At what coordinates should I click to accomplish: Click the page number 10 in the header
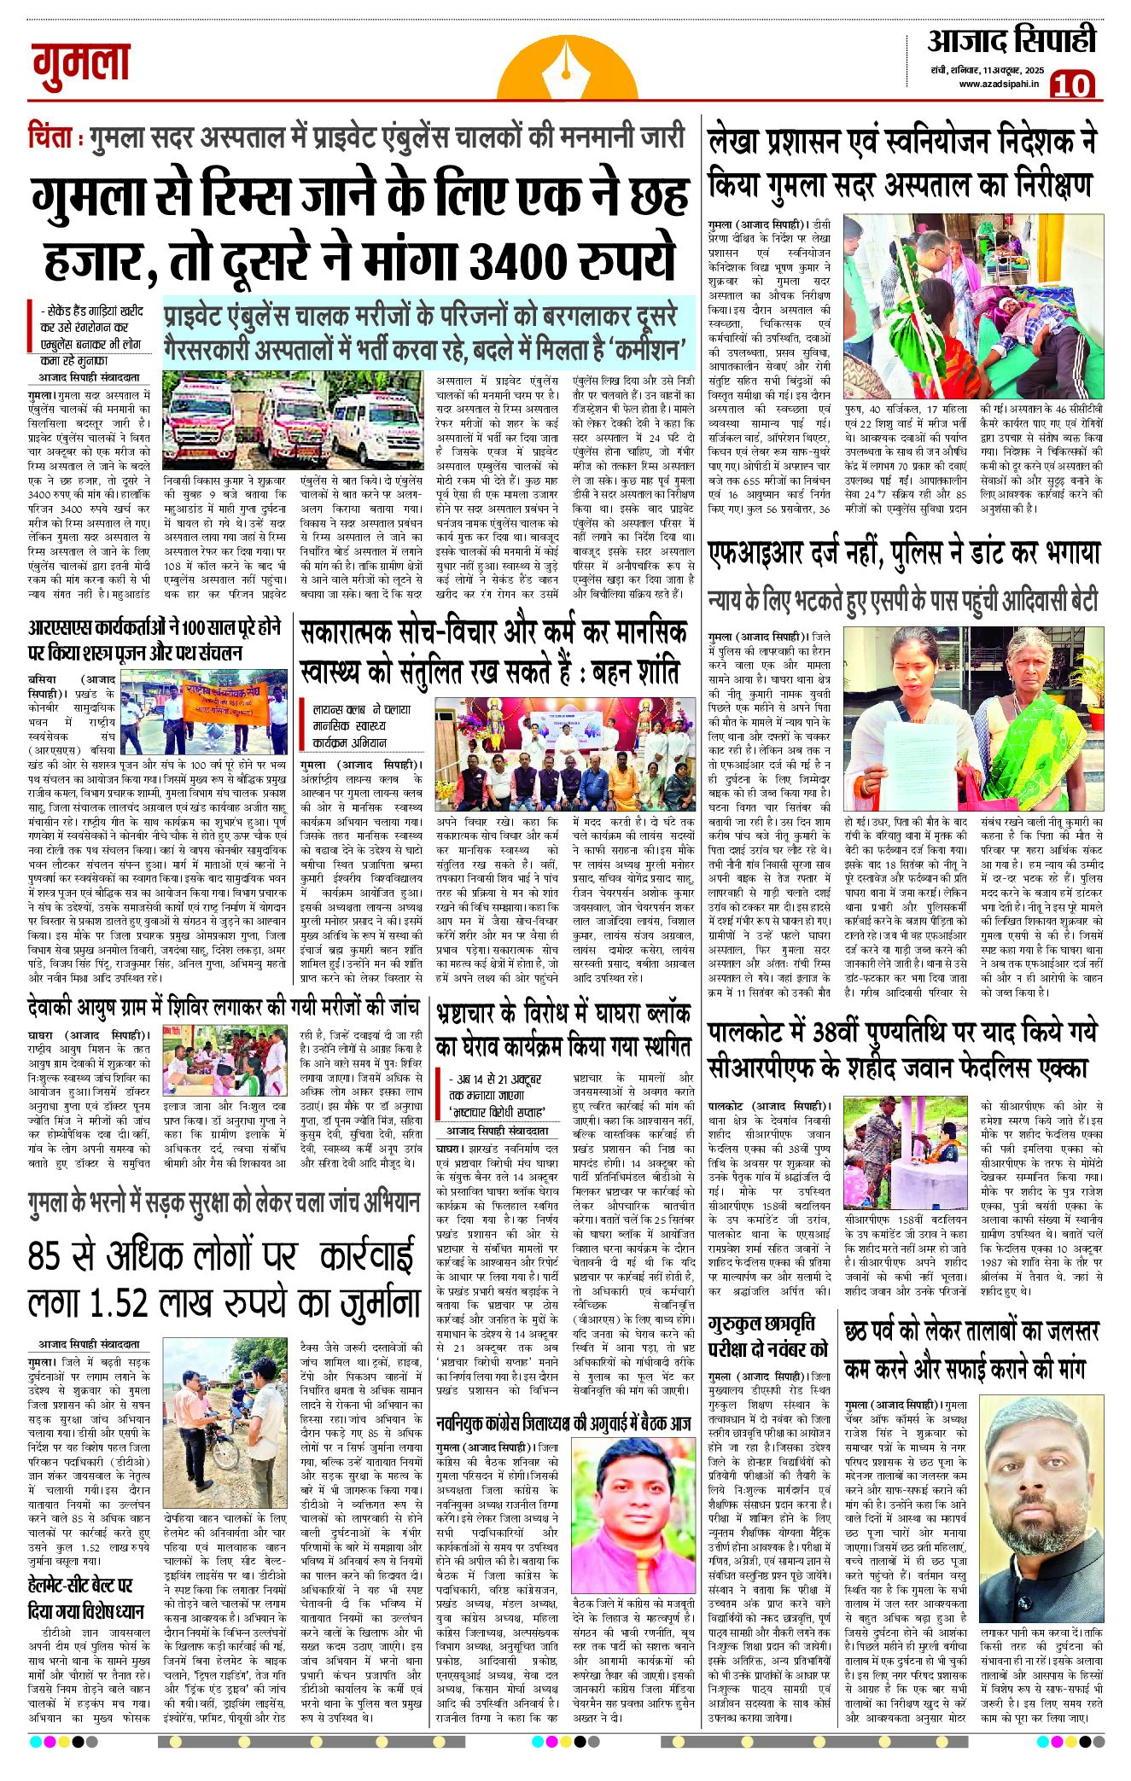1071,84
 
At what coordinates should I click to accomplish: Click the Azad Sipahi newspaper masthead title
1011,40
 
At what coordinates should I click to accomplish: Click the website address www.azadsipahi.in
998,83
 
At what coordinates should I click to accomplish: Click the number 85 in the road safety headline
48,1256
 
